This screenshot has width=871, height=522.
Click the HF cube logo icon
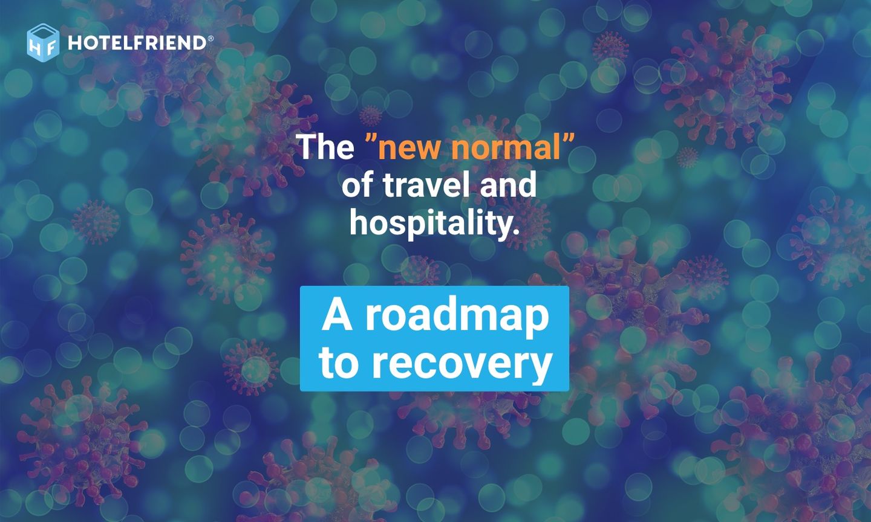coord(43,42)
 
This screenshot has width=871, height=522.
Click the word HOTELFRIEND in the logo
coord(137,43)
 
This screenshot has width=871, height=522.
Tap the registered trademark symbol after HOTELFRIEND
coord(210,38)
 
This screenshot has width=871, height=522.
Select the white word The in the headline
coord(325,147)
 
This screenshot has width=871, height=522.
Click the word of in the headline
coord(357,184)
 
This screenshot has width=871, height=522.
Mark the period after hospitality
coord(516,233)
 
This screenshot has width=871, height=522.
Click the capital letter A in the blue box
coord(337,315)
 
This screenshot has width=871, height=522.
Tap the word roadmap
coord(457,316)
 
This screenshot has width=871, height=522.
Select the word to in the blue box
coord(339,362)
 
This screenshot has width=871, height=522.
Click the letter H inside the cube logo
coord(35,47)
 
